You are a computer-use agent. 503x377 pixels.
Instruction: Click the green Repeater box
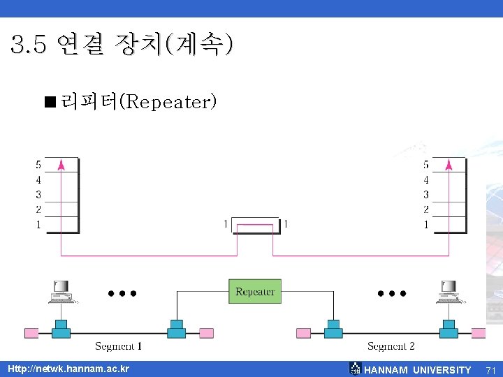(x=255, y=291)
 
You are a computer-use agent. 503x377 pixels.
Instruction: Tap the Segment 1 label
(x=119, y=346)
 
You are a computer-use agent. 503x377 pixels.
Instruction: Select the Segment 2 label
(x=391, y=346)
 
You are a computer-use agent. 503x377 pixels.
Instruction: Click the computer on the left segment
(x=61, y=291)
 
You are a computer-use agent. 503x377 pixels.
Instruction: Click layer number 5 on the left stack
(x=38, y=165)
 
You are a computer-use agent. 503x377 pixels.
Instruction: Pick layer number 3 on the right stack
(x=426, y=195)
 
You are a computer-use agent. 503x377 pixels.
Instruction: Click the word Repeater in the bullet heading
(x=168, y=103)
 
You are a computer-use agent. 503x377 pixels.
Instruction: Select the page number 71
(x=490, y=370)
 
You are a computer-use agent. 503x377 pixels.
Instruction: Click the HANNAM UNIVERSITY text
(x=418, y=370)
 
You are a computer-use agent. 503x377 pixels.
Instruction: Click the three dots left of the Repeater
(x=122, y=293)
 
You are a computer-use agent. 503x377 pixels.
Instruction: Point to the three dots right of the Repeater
(x=391, y=293)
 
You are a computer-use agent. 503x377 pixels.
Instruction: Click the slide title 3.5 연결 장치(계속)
(x=122, y=45)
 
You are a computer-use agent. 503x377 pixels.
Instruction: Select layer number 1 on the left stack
(x=38, y=225)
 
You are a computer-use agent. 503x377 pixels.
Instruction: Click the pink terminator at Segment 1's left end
(x=31, y=332)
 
